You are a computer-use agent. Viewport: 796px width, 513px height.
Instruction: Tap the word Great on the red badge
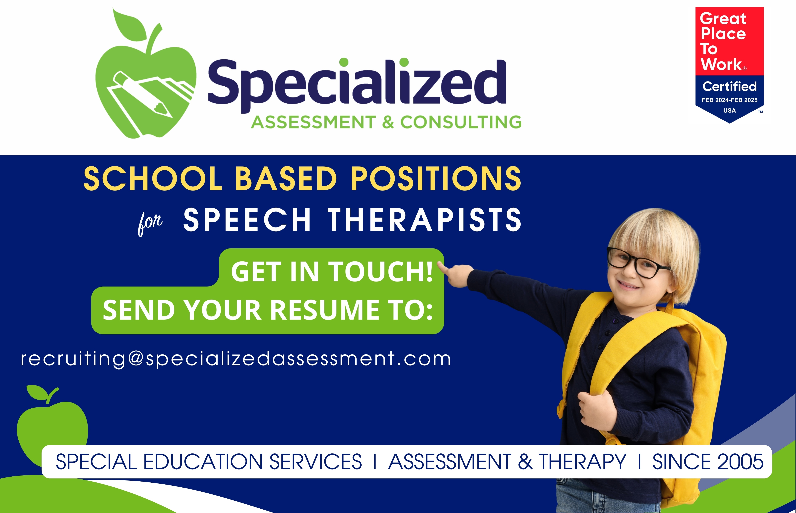[x=723, y=19]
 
